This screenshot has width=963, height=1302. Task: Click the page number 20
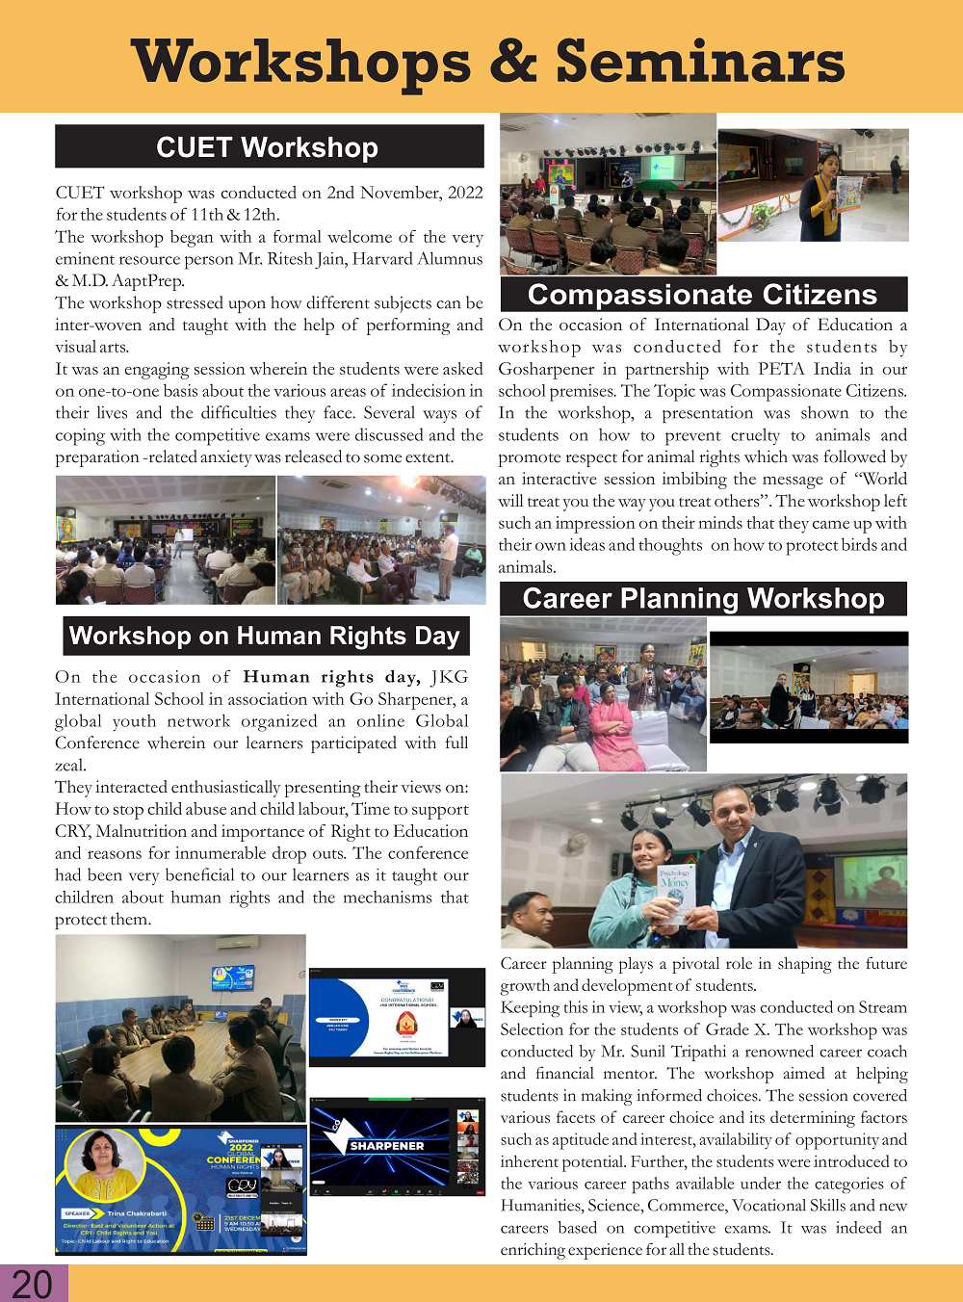(32, 1284)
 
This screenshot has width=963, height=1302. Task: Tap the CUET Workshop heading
(268, 147)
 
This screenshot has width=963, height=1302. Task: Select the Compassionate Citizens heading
(702, 295)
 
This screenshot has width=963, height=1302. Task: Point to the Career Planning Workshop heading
(703, 599)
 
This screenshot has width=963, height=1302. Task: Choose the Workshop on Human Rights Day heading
(265, 637)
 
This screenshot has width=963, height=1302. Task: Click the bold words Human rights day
(331, 677)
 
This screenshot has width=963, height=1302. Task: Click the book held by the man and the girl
(675, 891)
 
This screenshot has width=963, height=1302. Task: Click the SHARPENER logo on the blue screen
(385, 1146)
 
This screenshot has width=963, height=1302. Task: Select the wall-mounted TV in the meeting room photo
(233, 977)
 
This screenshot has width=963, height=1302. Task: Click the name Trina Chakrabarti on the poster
(137, 1213)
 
